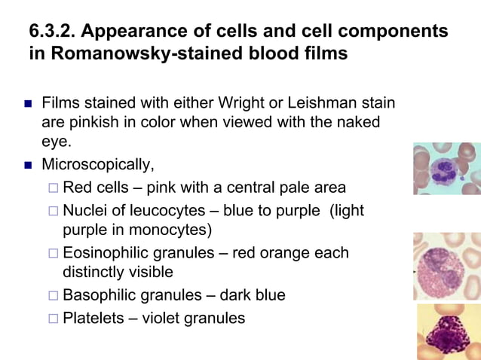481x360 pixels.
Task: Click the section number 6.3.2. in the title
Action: [x=52, y=32]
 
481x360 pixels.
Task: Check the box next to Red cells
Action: [x=52, y=188]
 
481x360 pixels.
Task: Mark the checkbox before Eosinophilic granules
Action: [x=52, y=253]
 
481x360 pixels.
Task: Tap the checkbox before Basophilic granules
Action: [x=52, y=295]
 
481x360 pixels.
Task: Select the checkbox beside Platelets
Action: [x=52, y=318]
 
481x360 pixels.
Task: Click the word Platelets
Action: [x=93, y=318]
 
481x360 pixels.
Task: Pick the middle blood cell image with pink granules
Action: [x=446, y=266]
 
